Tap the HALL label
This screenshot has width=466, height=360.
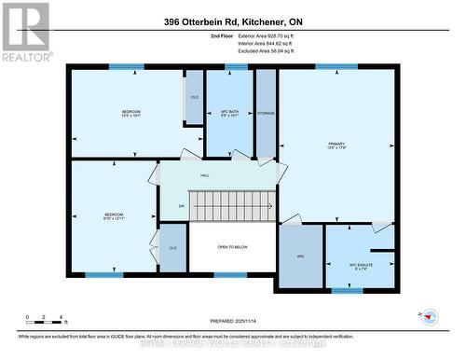pyautogui.click(x=205, y=174)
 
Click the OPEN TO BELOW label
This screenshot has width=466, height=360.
pyautogui.click(x=232, y=247)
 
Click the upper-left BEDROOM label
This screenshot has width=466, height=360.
pyautogui.click(x=130, y=114)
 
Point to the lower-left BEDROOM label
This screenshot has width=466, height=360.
pyautogui.click(x=113, y=216)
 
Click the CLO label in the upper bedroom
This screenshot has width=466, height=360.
pyautogui.click(x=195, y=97)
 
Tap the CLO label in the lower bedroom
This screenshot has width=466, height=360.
pyautogui.click(x=172, y=247)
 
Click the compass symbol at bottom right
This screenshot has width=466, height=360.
pyautogui.click(x=431, y=316)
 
